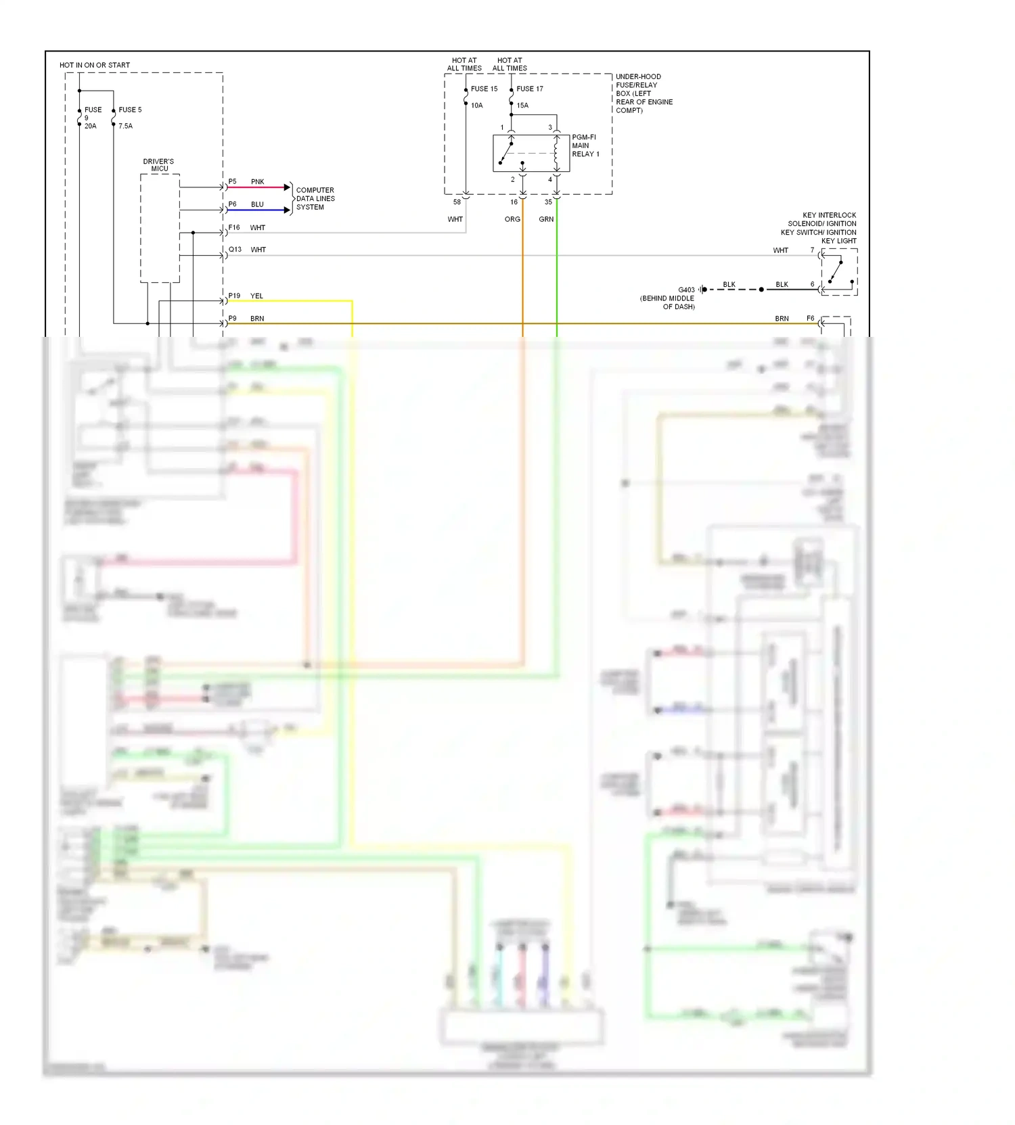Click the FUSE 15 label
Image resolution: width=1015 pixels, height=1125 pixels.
pyautogui.click(x=484, y=89)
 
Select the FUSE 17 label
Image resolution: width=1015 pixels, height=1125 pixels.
pyautogui.click(x=529, y=89)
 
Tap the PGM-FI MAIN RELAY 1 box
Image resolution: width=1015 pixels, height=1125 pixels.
pyautogui.click(x=531, y=153)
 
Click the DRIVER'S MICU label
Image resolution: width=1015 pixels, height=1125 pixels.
pyautogui.click(x=158, y=165)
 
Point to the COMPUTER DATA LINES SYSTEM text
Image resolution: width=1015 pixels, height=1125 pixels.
pyautogui.click(x=315, y=199)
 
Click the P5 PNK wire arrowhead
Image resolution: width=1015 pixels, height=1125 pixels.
pyautogui.click(x=288, y=187)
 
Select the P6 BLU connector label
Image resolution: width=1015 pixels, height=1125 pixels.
pyautogui.click(x=232, y=204)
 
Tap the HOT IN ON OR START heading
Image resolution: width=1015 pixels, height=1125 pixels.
pyautogui.click(x=95, y=65)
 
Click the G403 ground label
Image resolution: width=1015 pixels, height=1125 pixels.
pyautogui.click(x=686, y=290)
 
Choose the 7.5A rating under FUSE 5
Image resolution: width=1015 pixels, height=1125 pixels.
pyautogui.click(x=126, y=126)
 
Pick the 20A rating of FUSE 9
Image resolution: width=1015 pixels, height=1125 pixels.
pyautogui.click(x=91, y=126)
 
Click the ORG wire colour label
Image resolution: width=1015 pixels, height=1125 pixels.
pyautogui.click(x=512, y=219)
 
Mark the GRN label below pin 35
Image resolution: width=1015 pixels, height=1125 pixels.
pyautogui.click(x=546, y=219)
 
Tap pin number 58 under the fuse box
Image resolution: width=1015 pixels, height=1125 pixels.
pyautogui.click(x=457, y=202)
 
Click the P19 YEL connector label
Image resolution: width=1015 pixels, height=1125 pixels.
pyautogui.click(x=234, y=296)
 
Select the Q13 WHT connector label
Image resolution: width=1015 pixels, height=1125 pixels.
pyautogui.click(x=235, y=249)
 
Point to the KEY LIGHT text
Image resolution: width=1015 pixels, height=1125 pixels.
pyautogui.click(x=838, y=241)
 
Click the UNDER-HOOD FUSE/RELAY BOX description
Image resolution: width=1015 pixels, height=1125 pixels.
pyautogui.click(x=644, y=93)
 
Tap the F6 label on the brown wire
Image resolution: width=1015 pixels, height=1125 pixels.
pyautogui.click(x=810, y=318)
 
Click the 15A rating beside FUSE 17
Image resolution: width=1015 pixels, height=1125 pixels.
pyautogui.click(x=522, y=106)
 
